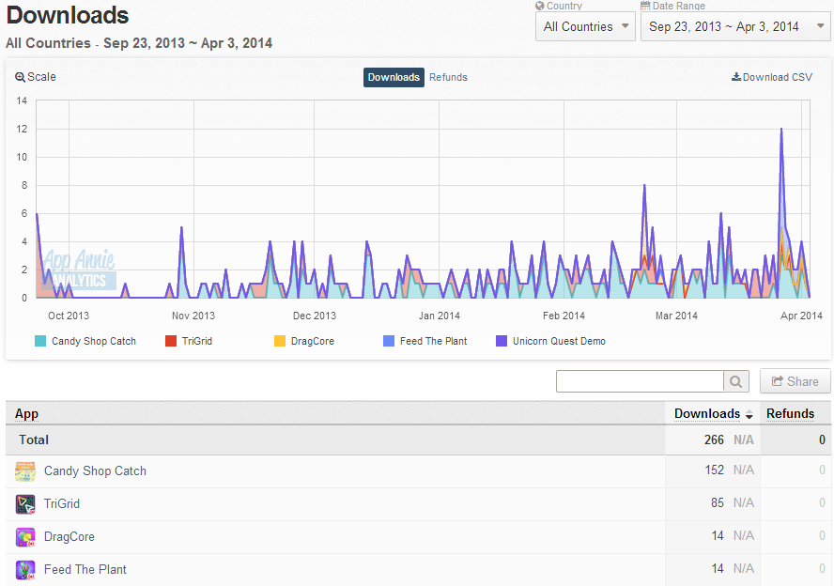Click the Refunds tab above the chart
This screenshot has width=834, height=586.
pyautogui.click(x=448, y=77)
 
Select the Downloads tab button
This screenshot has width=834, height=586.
pyautogui.click(x=394, y=77)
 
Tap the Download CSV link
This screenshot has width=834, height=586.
pyautogui.click(x=772, y=77)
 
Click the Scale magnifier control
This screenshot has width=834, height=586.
pyautogui.click(x=35, y=77)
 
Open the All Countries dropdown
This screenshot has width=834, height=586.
pyautogui.click(x=585, y=26)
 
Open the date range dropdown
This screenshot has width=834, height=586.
pyautogui.click(x=735, y=26)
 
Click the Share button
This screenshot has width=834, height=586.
pyautogui.click(x=795, y=381)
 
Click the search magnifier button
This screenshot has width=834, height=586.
pyautogui.click(x=736, y=381)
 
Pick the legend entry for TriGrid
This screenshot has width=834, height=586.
pyautogui.click(x=189, y=341)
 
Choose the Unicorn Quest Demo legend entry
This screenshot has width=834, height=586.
pyautogui.click(x=550, y=341)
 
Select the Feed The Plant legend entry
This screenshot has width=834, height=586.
pyautogui.click(x=425, y=341)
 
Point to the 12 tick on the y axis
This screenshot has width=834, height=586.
pyautogui.click(x=22, y=129)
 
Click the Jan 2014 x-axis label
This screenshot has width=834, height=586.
pyautogui.click(x=439, y=316)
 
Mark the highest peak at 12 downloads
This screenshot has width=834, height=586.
pyautogui.click(x=781, y=129)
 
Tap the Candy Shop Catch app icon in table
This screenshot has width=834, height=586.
pyautogui.click(x=25, y=471)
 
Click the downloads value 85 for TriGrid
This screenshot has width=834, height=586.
pyautogui.click(x=717, y=503)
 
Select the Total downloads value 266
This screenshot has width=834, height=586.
pyautogui.click(x=714, y=439)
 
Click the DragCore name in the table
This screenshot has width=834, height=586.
pyautogui.click(x=69, y=536)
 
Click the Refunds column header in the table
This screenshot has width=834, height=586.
pyautogui.click(x=790, y=414)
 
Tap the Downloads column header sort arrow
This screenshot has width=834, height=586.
pyautogui.click(x=749, y=415)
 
